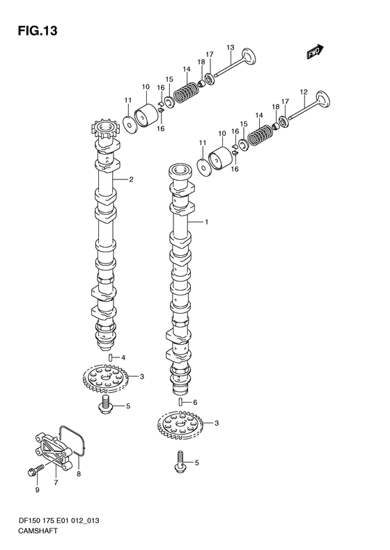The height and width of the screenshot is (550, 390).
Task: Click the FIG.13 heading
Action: tap(38, 31)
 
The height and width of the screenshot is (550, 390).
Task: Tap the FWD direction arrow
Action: tap(315, 51)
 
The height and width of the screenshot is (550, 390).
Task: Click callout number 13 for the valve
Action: tap(230, 47)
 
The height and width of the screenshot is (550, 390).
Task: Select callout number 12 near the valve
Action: tap(304, 92)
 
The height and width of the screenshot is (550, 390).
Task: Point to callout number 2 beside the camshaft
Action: tap(131, 179)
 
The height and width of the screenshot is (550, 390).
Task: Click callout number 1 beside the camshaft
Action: tap(207, 222)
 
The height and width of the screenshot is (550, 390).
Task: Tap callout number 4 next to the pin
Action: tap(123, 358)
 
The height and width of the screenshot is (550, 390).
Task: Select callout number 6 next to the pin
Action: tap(196, 403)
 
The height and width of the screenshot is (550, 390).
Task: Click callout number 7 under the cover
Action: tap(56, 483)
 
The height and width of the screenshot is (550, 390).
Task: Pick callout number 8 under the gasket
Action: tap(79, 474)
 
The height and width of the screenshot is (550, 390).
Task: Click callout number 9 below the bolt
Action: tap(37, 490)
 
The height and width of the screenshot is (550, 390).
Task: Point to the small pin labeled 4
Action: tap(110, 358)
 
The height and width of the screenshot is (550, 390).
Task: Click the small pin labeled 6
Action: tap(181, 402)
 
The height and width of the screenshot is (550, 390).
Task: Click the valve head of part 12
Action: tap(323, 99)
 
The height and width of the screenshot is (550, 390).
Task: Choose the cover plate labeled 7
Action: tap(53, 452)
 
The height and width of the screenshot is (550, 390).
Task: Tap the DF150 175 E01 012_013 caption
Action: tap(58, 521)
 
